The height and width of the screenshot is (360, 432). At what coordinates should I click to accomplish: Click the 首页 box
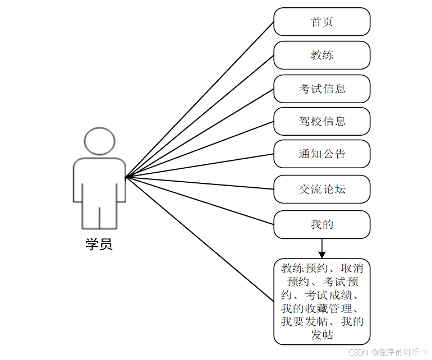pos(322,22)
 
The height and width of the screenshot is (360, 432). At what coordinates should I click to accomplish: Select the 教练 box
pos(322,55)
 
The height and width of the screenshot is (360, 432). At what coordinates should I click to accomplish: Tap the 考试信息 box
pos(322,89)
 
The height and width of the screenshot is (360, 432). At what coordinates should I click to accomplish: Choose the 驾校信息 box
pos(322,121)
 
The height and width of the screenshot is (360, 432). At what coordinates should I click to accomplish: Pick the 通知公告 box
pos(322,154)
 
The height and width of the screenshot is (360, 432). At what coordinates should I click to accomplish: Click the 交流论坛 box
pos(322,189)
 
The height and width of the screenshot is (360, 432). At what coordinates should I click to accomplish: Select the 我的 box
pos(322,224)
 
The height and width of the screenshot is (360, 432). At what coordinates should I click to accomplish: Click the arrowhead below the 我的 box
pos(322,253)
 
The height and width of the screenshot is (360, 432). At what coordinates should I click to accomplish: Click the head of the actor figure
pos(99,141)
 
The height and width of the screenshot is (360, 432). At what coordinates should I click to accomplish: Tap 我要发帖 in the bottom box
pos(304,322)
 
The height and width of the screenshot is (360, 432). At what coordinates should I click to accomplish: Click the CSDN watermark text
pos(357,353)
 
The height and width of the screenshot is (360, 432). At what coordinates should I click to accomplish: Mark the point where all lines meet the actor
pos(126,177)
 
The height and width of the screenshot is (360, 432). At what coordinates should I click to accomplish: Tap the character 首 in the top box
pos(316,22)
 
